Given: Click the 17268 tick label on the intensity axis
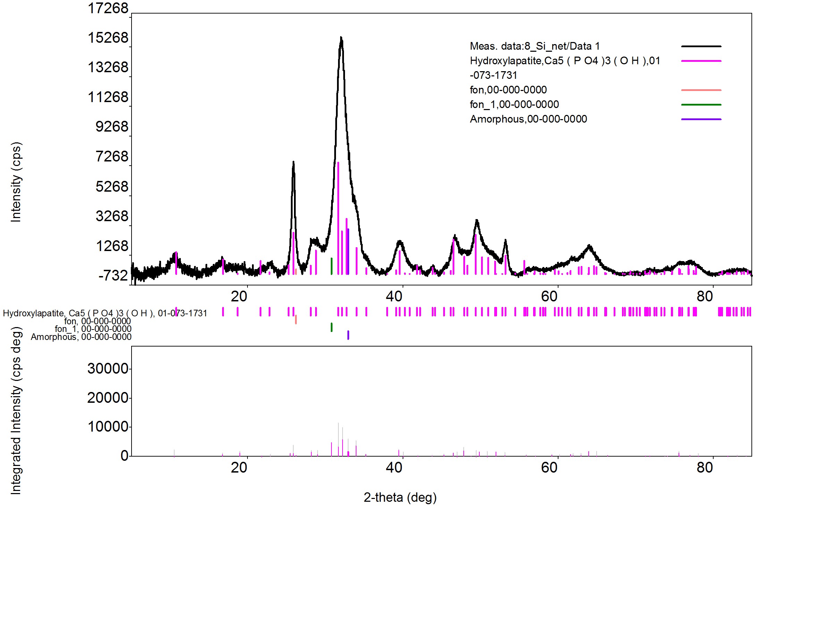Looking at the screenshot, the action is click(108, 8).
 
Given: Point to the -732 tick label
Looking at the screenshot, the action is click(113, 275).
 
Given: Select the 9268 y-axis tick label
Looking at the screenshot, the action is click(112, 127).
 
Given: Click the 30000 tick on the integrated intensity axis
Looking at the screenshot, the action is click(108, 368).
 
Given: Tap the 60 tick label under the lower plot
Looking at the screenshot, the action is click(549, 467).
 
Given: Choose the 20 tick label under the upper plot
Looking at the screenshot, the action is click(239, 297).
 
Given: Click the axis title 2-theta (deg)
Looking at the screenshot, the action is click(400, 498).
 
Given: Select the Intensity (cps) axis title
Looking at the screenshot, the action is click(16, 182).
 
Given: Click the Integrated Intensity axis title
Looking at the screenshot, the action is click(16, 410).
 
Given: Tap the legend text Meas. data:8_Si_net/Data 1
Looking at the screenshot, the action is click(535, 46).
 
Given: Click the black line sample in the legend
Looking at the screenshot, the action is click(701, 46).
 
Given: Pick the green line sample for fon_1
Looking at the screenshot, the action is click(701, 105).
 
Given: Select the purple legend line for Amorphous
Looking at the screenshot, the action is click(701, 119).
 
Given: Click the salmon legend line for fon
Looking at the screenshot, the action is click(701, 90).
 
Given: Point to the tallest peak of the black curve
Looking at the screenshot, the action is click(341, 37).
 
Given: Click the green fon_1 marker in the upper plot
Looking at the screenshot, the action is click(331, 266).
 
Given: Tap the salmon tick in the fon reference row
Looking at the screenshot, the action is click(296, 319).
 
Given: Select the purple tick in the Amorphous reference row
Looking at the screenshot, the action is click(348, 335).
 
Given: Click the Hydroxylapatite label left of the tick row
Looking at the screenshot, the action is click(105, 313).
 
